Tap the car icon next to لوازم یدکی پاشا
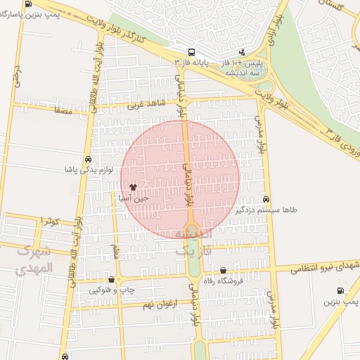[x=87, y=159]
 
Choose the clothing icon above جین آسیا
[x=134, y=188]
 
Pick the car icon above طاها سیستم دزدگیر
[x=266, y=199]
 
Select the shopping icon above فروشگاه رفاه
[x=223, y=270]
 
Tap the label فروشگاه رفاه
[x=223, y=281]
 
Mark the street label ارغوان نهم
[x=157, y=304]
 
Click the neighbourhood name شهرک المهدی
[x=34, y=259]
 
